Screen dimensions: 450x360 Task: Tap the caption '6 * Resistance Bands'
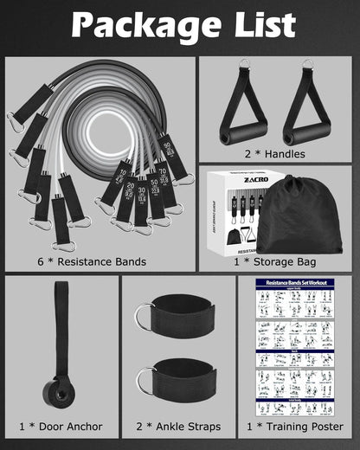click(x=98, y=260)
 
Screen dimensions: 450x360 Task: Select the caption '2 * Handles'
click(x=275, y=152)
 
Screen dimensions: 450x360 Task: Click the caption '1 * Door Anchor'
click(x=61, y=427)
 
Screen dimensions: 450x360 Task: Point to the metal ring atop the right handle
click(x=305, y=64)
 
